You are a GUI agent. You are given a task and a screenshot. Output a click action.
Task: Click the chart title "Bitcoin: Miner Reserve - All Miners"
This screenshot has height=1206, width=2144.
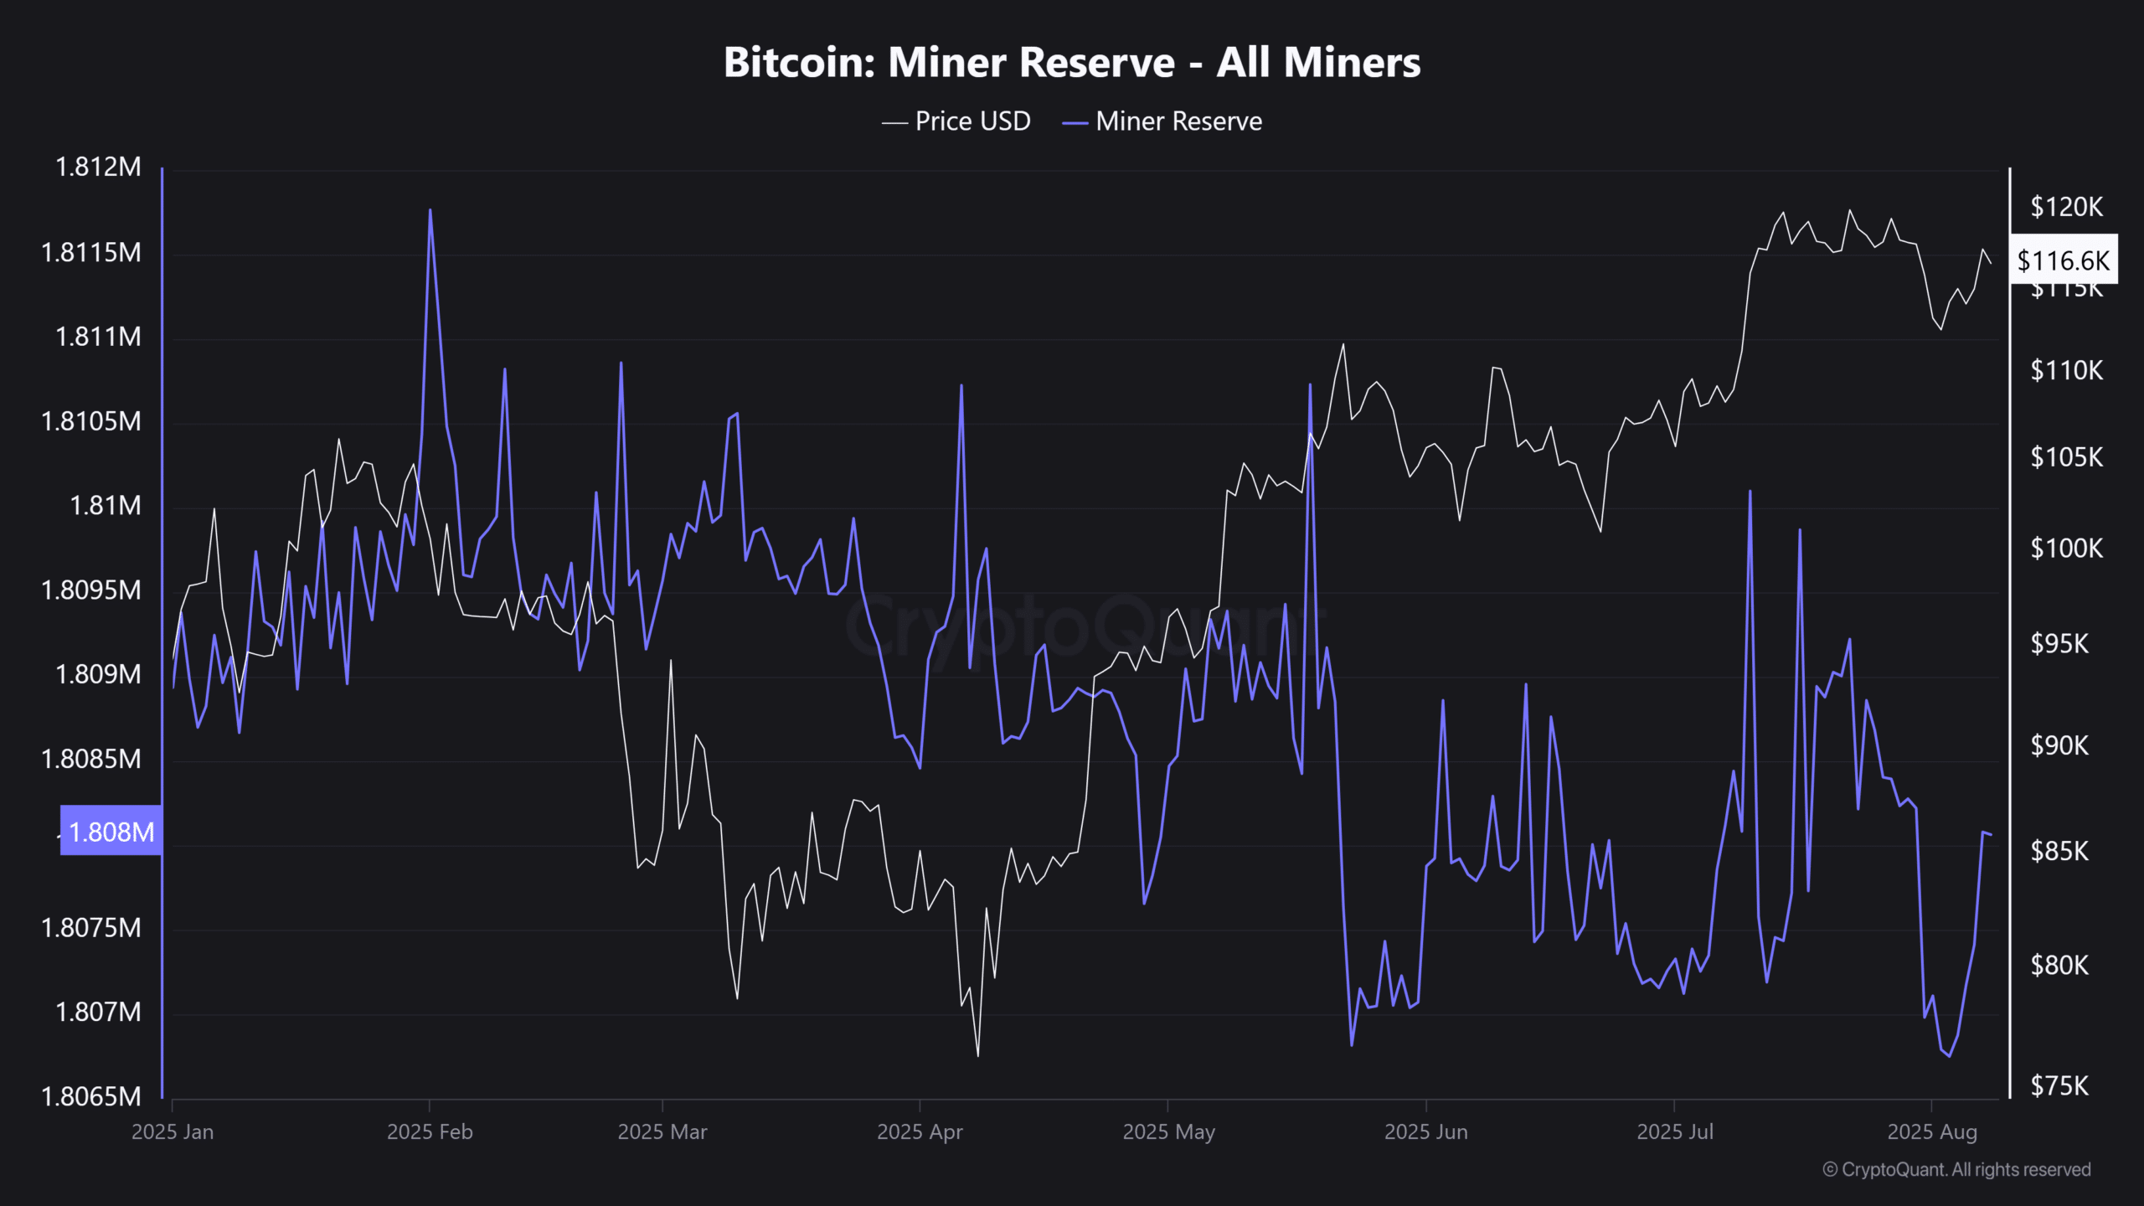coord(1072,63)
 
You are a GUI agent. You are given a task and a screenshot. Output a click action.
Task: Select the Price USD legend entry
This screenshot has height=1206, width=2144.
coord(956,121)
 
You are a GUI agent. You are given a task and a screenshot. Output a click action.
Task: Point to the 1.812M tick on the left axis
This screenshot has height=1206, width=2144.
coord(98,167)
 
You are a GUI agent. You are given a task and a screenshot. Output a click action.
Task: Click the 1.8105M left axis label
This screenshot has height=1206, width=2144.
coord(91,421)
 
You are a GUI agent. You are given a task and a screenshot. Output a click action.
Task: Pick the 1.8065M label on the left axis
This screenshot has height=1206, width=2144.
coord(91,1096)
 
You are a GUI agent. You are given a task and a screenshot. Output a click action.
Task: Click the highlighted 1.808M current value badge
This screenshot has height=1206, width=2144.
coord(111,832)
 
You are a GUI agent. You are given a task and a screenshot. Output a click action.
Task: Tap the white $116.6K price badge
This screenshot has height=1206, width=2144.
coord(2063,260)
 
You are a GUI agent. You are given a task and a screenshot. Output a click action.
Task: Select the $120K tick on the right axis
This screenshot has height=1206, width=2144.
coord(2066,207)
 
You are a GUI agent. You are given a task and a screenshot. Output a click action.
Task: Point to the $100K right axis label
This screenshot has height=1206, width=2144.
coord(2066,549)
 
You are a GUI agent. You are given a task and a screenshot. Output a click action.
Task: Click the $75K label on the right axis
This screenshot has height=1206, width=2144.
coord(2059,1086)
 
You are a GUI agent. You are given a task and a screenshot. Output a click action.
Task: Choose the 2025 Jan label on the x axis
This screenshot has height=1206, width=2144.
coord(173,1132)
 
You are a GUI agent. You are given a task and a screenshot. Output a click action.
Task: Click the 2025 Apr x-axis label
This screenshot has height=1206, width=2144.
coord(920,1132)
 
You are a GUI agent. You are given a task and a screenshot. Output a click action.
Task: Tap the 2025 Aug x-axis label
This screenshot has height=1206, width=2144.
coord(1932,1132)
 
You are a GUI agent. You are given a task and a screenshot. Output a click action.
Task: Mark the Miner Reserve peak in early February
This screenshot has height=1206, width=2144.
coord(430,210)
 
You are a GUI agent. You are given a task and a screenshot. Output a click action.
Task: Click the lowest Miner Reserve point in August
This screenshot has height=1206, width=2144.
coord(1950,1056)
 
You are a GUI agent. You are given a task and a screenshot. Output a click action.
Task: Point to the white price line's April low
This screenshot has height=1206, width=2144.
coord(977,1055)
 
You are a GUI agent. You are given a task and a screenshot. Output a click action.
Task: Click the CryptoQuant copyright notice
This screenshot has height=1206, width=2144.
coord(1956,1169)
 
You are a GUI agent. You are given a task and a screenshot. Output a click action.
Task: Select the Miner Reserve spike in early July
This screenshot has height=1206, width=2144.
coord(1750,492)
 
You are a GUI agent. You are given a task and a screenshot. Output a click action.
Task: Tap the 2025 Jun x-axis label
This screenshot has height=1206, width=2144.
coord(1425,1132)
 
